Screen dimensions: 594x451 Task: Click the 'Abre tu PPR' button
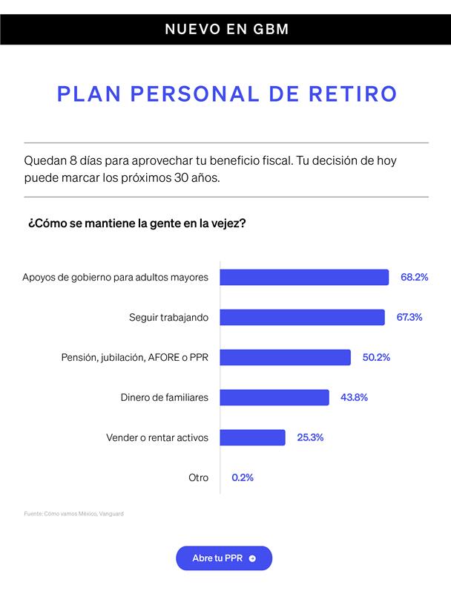pos(224,558)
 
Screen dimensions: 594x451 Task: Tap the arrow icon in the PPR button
pos(253,558)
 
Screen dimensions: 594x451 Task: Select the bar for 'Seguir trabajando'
pos(303,317)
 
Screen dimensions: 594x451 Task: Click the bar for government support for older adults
pos(305,277)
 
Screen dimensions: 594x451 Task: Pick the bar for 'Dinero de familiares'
pos(274,397)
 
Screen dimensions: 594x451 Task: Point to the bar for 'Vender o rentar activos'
pos(253,437)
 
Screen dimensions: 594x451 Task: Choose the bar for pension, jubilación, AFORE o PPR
pos(286,357)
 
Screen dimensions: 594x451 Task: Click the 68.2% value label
pos(415,277)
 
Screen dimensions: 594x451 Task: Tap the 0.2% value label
pos(243,477)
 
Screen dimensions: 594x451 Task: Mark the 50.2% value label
pos(376,357)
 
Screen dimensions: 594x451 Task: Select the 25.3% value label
pos(310,437)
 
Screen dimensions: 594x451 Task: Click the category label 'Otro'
pos(198,477)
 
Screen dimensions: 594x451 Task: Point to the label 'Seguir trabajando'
pos(168,317)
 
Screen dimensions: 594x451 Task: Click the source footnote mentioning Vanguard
pos(73,513)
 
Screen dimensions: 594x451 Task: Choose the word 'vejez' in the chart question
pos(229,222)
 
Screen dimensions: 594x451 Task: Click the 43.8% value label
pos(354,397)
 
